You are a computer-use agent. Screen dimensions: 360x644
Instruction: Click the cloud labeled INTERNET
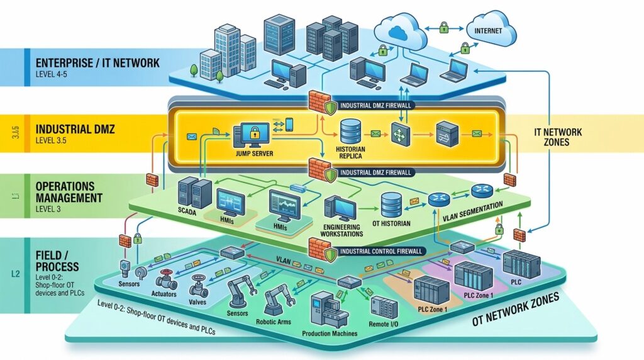(490, 29)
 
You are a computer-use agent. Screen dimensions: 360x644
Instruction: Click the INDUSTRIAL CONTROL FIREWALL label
(381, 251)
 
